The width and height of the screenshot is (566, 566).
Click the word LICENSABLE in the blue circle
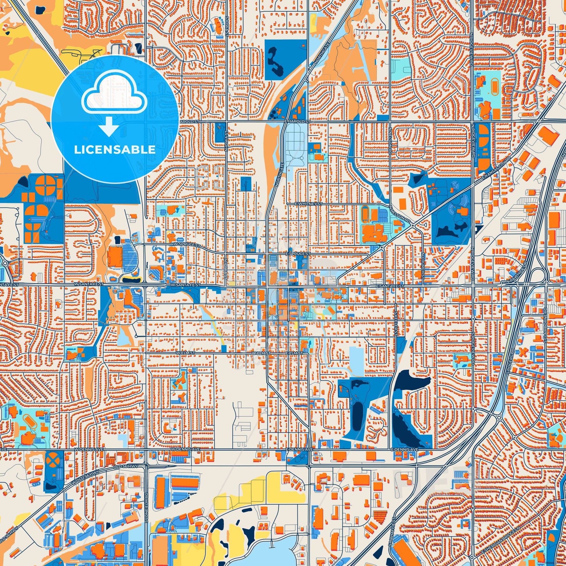click(x=115, y=150)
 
